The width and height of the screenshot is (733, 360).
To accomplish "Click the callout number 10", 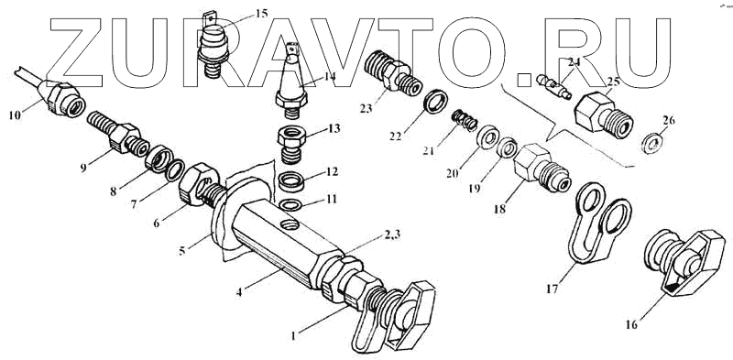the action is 15,115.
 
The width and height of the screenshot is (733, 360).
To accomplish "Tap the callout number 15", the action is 262,13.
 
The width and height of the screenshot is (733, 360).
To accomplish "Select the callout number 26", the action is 669,121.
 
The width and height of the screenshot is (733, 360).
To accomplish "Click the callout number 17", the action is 552,289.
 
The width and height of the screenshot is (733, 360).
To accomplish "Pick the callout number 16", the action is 630,323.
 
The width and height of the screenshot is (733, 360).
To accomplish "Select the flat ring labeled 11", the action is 290,205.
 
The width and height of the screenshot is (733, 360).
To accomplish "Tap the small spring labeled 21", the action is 465,120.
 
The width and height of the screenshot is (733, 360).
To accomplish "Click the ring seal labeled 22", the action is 434,102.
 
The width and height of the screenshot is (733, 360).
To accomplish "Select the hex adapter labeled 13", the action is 290,146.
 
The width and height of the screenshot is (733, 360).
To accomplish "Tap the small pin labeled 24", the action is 553,85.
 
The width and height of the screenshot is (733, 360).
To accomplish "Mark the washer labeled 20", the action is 488,137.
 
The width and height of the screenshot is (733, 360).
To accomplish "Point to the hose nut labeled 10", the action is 61,98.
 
